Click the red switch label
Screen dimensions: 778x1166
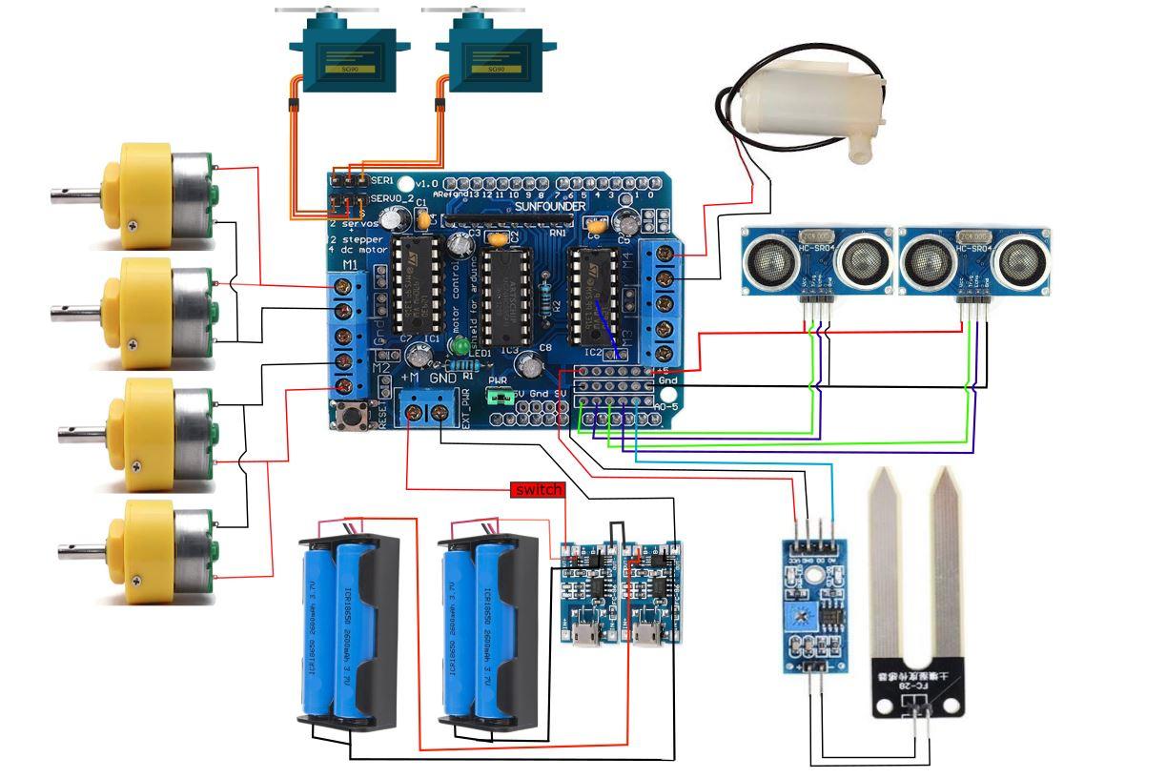[538, 490]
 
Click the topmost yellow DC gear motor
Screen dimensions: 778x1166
[158, 190]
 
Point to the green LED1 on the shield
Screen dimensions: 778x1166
[464, 345]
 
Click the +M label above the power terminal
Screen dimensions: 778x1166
[410, 378]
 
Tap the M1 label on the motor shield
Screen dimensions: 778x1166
[349, 264]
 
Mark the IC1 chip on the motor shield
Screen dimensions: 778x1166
[419, 286]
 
